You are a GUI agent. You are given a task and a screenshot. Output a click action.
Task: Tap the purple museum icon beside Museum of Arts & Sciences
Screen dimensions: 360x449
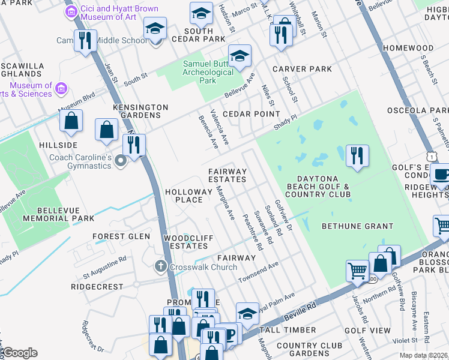tap(61, 89)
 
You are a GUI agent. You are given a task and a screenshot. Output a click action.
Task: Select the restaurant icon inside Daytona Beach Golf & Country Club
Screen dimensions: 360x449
tap(357, 155)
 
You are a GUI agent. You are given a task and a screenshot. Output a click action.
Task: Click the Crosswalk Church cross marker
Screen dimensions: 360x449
tap(160, 266)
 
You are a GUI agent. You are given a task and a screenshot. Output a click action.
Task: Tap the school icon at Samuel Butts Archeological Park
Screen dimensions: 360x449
tap(240, 56)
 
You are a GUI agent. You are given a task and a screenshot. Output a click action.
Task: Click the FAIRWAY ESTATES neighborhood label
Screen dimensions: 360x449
tap(228, 176)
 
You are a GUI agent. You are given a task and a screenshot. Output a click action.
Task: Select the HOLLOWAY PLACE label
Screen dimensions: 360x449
tap(188, 196)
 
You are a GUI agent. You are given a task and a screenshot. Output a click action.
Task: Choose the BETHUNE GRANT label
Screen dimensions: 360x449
tap(357, 226)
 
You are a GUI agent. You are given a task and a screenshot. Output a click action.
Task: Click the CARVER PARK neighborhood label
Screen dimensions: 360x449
tap(302, 69)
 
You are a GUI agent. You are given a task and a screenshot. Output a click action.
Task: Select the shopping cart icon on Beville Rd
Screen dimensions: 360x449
tap(357, 271)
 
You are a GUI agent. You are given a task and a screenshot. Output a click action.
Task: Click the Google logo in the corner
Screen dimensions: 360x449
tap(20, 353)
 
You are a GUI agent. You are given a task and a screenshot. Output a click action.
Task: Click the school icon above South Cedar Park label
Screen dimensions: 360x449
tap(201, 13)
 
